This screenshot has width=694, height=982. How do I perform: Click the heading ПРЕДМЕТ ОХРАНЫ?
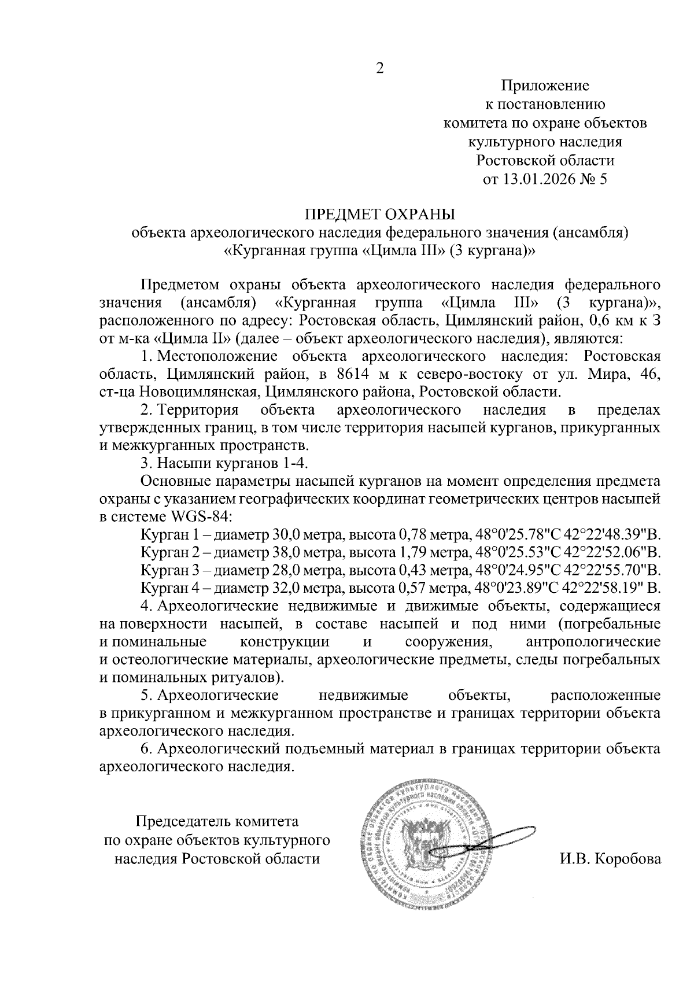click(x=380, y=215)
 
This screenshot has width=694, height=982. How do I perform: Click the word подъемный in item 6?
click(x=321, y=750)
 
